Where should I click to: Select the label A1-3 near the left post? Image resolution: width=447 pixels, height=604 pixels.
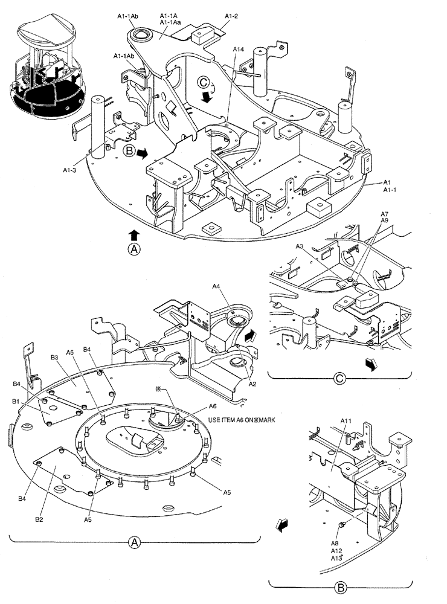coord(71,170)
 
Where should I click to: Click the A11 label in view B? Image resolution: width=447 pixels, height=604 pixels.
coord(346,420)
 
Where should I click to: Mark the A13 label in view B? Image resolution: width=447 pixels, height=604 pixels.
coord(336,559)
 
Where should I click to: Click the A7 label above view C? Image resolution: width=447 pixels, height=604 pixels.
coord(385,214)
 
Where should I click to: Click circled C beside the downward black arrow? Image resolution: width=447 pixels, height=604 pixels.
coord(206,82)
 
